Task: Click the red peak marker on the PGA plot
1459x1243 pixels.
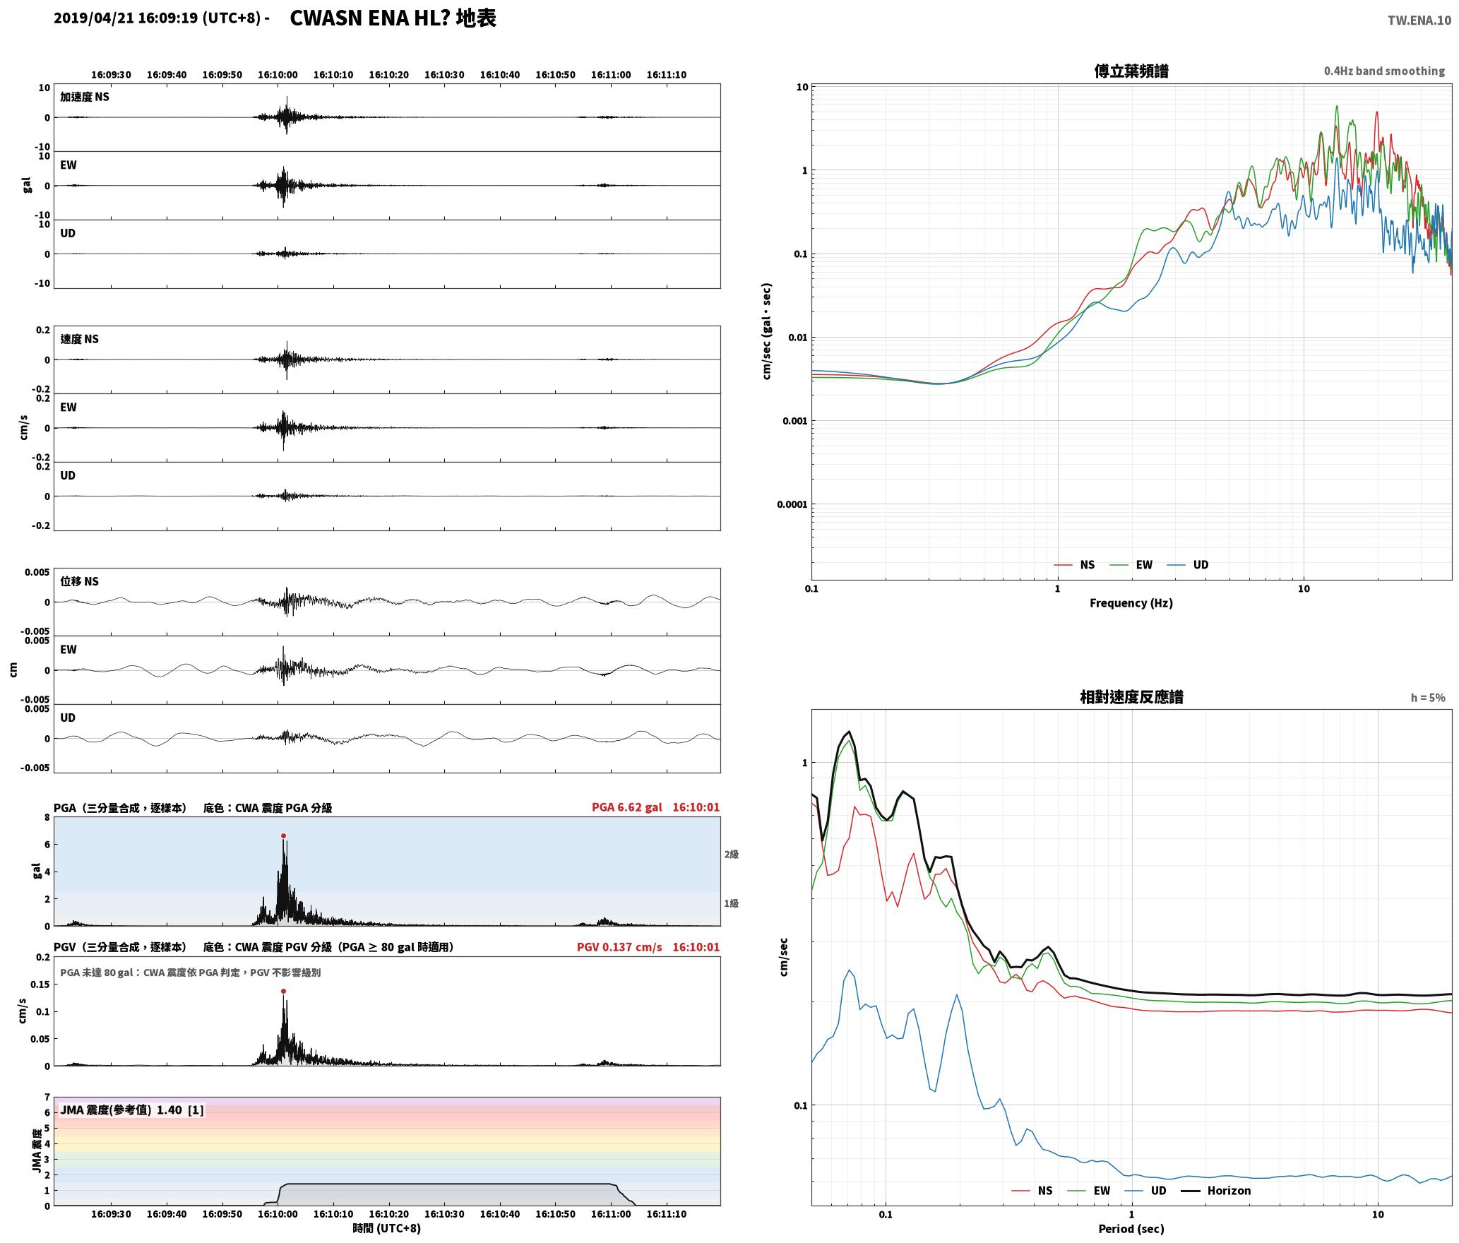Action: pyautogui.click(x=283, y=835)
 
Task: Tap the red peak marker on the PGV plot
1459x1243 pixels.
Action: pyautogui.click(x=283, y=991)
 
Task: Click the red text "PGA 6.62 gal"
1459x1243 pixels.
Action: pyautogui.click(x=627, y=807)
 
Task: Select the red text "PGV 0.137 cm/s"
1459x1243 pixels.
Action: pyautogui.click(x=619, y=947)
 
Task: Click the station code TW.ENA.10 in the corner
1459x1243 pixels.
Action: pyautogui.click(x=1419, y=20)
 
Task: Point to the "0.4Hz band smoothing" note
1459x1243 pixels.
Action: pyautogui.click(x=1384, y=71)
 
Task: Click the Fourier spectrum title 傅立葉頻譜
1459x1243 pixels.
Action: pyautogui.click(x=1131, y=71)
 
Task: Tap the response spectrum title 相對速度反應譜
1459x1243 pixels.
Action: pyautogui.click(x=1131, y=697)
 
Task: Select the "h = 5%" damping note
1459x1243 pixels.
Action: pyautogui.click(x=1428, y=698)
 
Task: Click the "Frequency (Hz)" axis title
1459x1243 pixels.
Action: pyautogui.click(x=1131, y=603)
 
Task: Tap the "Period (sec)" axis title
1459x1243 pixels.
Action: pyautogui.click(x=1131, y=1229)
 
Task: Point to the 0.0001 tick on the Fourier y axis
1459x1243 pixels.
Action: pyautogui.click(x=792, y=504)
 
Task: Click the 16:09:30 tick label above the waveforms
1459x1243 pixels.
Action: pyautogui.click(x=111, y=75)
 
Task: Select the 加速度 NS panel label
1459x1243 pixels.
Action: pyautogui.click(x=85, y=97)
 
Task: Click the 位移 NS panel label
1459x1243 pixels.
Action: pyautogui.click(x=79, y=581)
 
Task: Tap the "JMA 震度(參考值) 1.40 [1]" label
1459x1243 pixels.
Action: pyautogui.click(x=132, y=1110)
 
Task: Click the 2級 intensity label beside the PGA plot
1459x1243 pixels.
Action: pyautogui.click(x=731, y=855)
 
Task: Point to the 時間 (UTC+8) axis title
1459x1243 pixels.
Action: pyautogui.click(x=387, y=1228)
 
